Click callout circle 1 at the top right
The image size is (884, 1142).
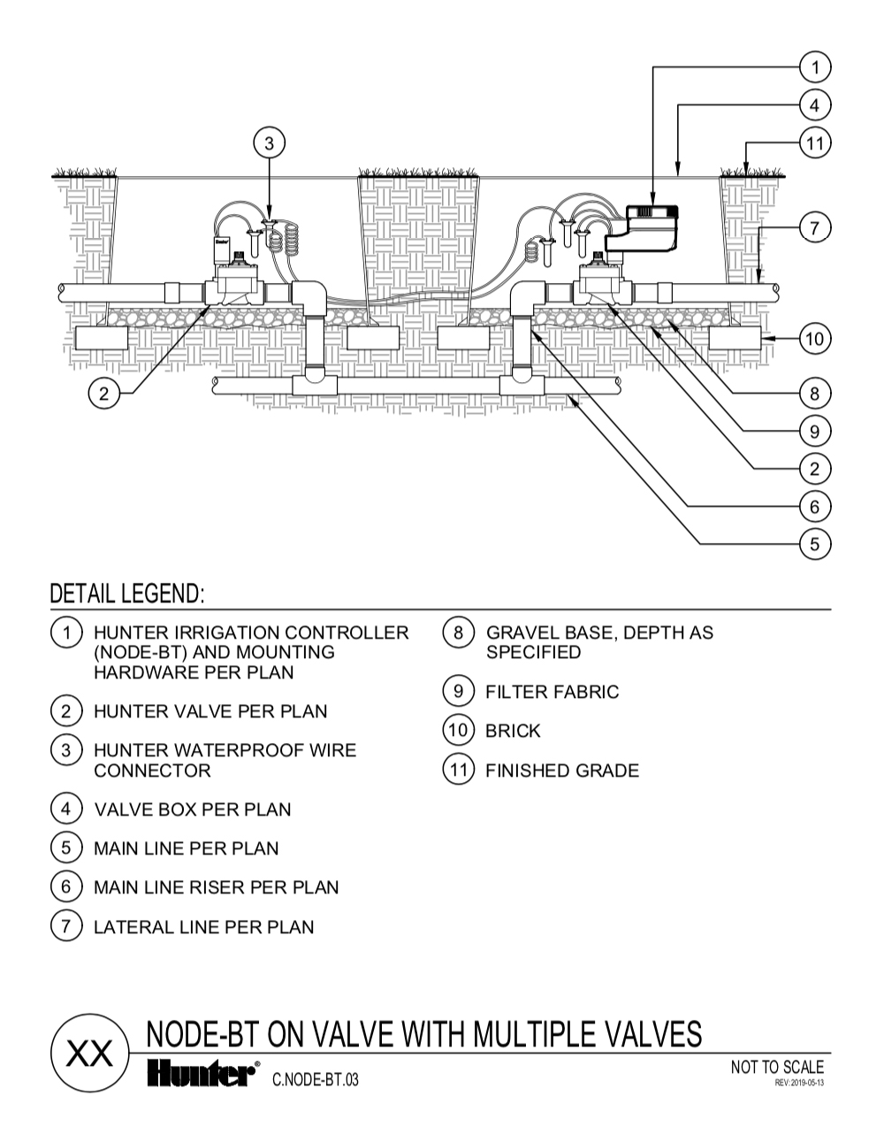814,67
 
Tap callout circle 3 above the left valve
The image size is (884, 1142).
271,142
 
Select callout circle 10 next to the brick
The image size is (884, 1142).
814,338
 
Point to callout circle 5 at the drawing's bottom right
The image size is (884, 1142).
814,543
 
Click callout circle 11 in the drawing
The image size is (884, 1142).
814,142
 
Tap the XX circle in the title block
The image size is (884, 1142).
90,1054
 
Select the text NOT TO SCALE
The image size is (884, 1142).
776,1067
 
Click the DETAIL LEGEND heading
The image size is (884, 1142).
127,594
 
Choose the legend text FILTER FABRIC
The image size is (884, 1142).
552,692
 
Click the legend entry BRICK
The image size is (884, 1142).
513,731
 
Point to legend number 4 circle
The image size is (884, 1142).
66,809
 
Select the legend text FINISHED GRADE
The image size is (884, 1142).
561,770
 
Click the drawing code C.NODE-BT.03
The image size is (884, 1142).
316,1079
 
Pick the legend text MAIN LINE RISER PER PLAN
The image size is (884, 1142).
216,887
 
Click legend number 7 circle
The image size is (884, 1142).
66,926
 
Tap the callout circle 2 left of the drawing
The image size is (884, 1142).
103,394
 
